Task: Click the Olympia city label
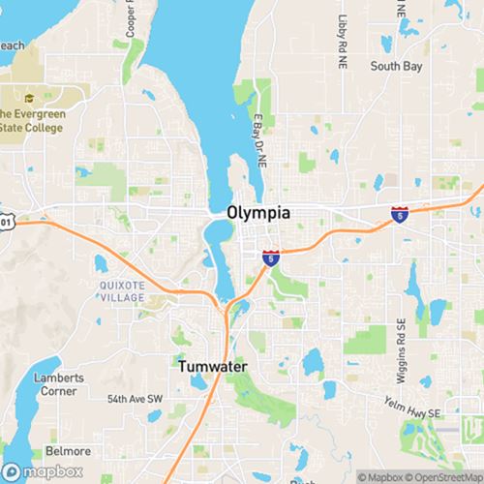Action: click(x=258, y=212)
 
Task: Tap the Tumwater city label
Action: click(x=212, y=367)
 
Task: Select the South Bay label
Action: click(x=396, y=67)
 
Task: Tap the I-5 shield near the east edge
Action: click(x=399, y=214)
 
